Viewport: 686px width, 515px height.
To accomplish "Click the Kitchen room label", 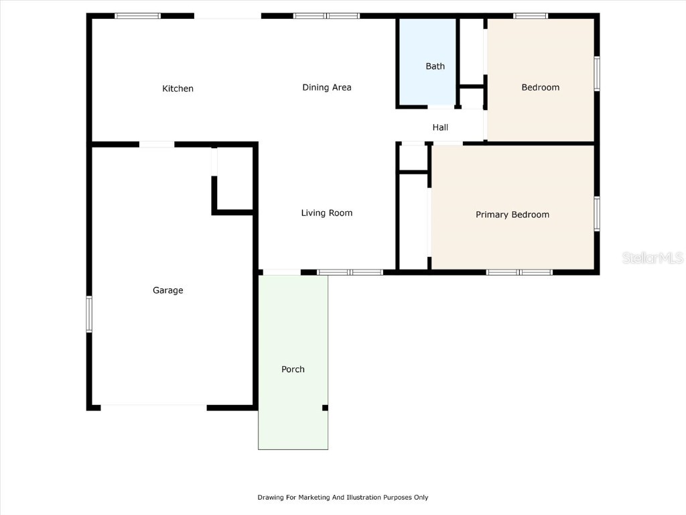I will click(x=178, y=89).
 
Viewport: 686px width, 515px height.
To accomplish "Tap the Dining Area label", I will click(x=326, y=87).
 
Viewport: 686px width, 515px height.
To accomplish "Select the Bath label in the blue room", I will click(x=435, y=66).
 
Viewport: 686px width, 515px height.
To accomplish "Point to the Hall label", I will click(x=440, y=127).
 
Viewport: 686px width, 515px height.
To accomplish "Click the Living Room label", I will click(x=326, y=213).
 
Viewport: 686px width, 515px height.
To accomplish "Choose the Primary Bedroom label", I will click(x=512, y=215).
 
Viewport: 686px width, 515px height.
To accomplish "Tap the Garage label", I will click(x=167, y=290).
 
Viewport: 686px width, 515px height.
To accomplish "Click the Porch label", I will click(x=293, y=369).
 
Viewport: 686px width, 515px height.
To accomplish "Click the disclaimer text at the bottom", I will click(x=342, y=498).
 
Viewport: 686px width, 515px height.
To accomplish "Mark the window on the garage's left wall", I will click(x=88, y=314).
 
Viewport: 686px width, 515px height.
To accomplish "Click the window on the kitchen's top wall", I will click(x=137, y=15).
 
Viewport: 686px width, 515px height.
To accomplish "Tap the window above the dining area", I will click(x=326, y=15).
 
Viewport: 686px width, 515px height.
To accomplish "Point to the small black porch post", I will click(x=325, y=408).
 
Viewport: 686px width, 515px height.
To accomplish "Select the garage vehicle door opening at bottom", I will click(x=153, y=406).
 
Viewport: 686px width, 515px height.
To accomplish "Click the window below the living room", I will click(x=350, y=272).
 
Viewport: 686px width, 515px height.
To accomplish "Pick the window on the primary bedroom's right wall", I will click(x=596, y=214).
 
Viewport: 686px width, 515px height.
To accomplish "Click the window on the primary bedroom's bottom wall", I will click(x=519, y=272).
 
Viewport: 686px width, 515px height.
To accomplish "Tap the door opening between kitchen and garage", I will click(x=157, y=144).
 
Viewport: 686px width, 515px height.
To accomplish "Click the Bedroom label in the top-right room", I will click(x=540, y=87).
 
